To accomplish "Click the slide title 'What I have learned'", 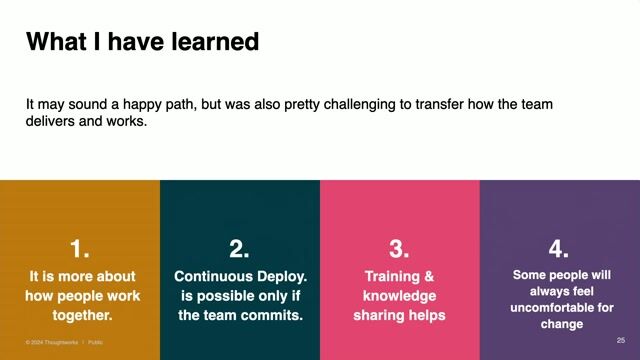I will (x=142, y=42).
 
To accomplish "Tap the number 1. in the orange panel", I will (x=80, y=249).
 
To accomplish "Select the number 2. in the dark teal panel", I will (x=239, y=249).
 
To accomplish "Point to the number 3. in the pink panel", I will (x=399, y=249).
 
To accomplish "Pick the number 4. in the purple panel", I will (x=559, y=249).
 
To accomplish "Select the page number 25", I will (x=621, y=341).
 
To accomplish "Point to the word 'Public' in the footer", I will (x=95, y=342).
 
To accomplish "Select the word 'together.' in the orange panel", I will (x=80, y=315).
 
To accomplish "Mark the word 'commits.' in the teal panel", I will (x=270, y=315).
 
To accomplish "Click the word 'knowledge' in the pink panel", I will (x=399, y=296).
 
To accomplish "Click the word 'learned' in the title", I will (x=215, y=42).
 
